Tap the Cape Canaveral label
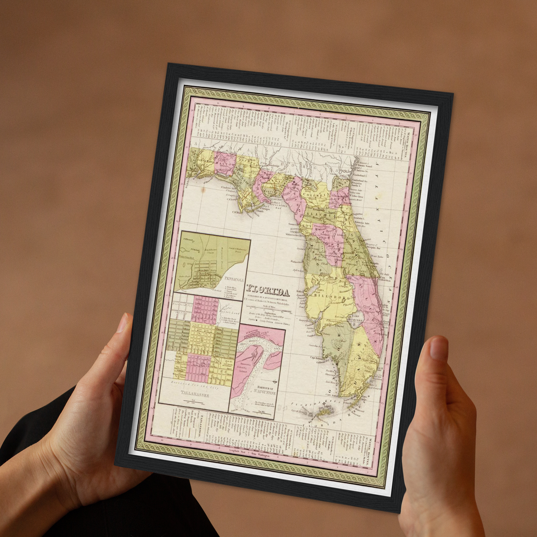point(385,278)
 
